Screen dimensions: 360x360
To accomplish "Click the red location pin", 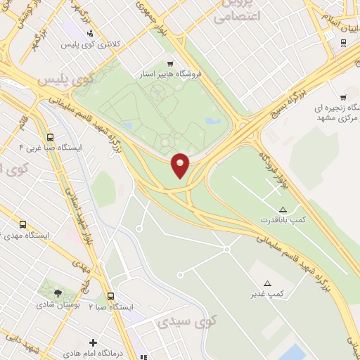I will pyautogui.click(x=181, y=165).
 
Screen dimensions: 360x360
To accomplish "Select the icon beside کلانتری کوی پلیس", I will pyautogui.click(x=89, y=32).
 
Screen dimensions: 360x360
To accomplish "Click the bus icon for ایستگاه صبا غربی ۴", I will pyautogui.click(x=50, y=138).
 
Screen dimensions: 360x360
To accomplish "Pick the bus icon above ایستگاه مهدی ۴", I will pyautogui.click(x=23, y=225).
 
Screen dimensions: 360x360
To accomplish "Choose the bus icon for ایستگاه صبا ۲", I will pyautogui.click(x=110, y=297).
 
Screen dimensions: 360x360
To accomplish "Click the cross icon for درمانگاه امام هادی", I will pyautogui.click(x=93, y=342).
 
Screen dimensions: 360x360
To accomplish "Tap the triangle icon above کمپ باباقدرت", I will pyautogui.click(x=283, y=210).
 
